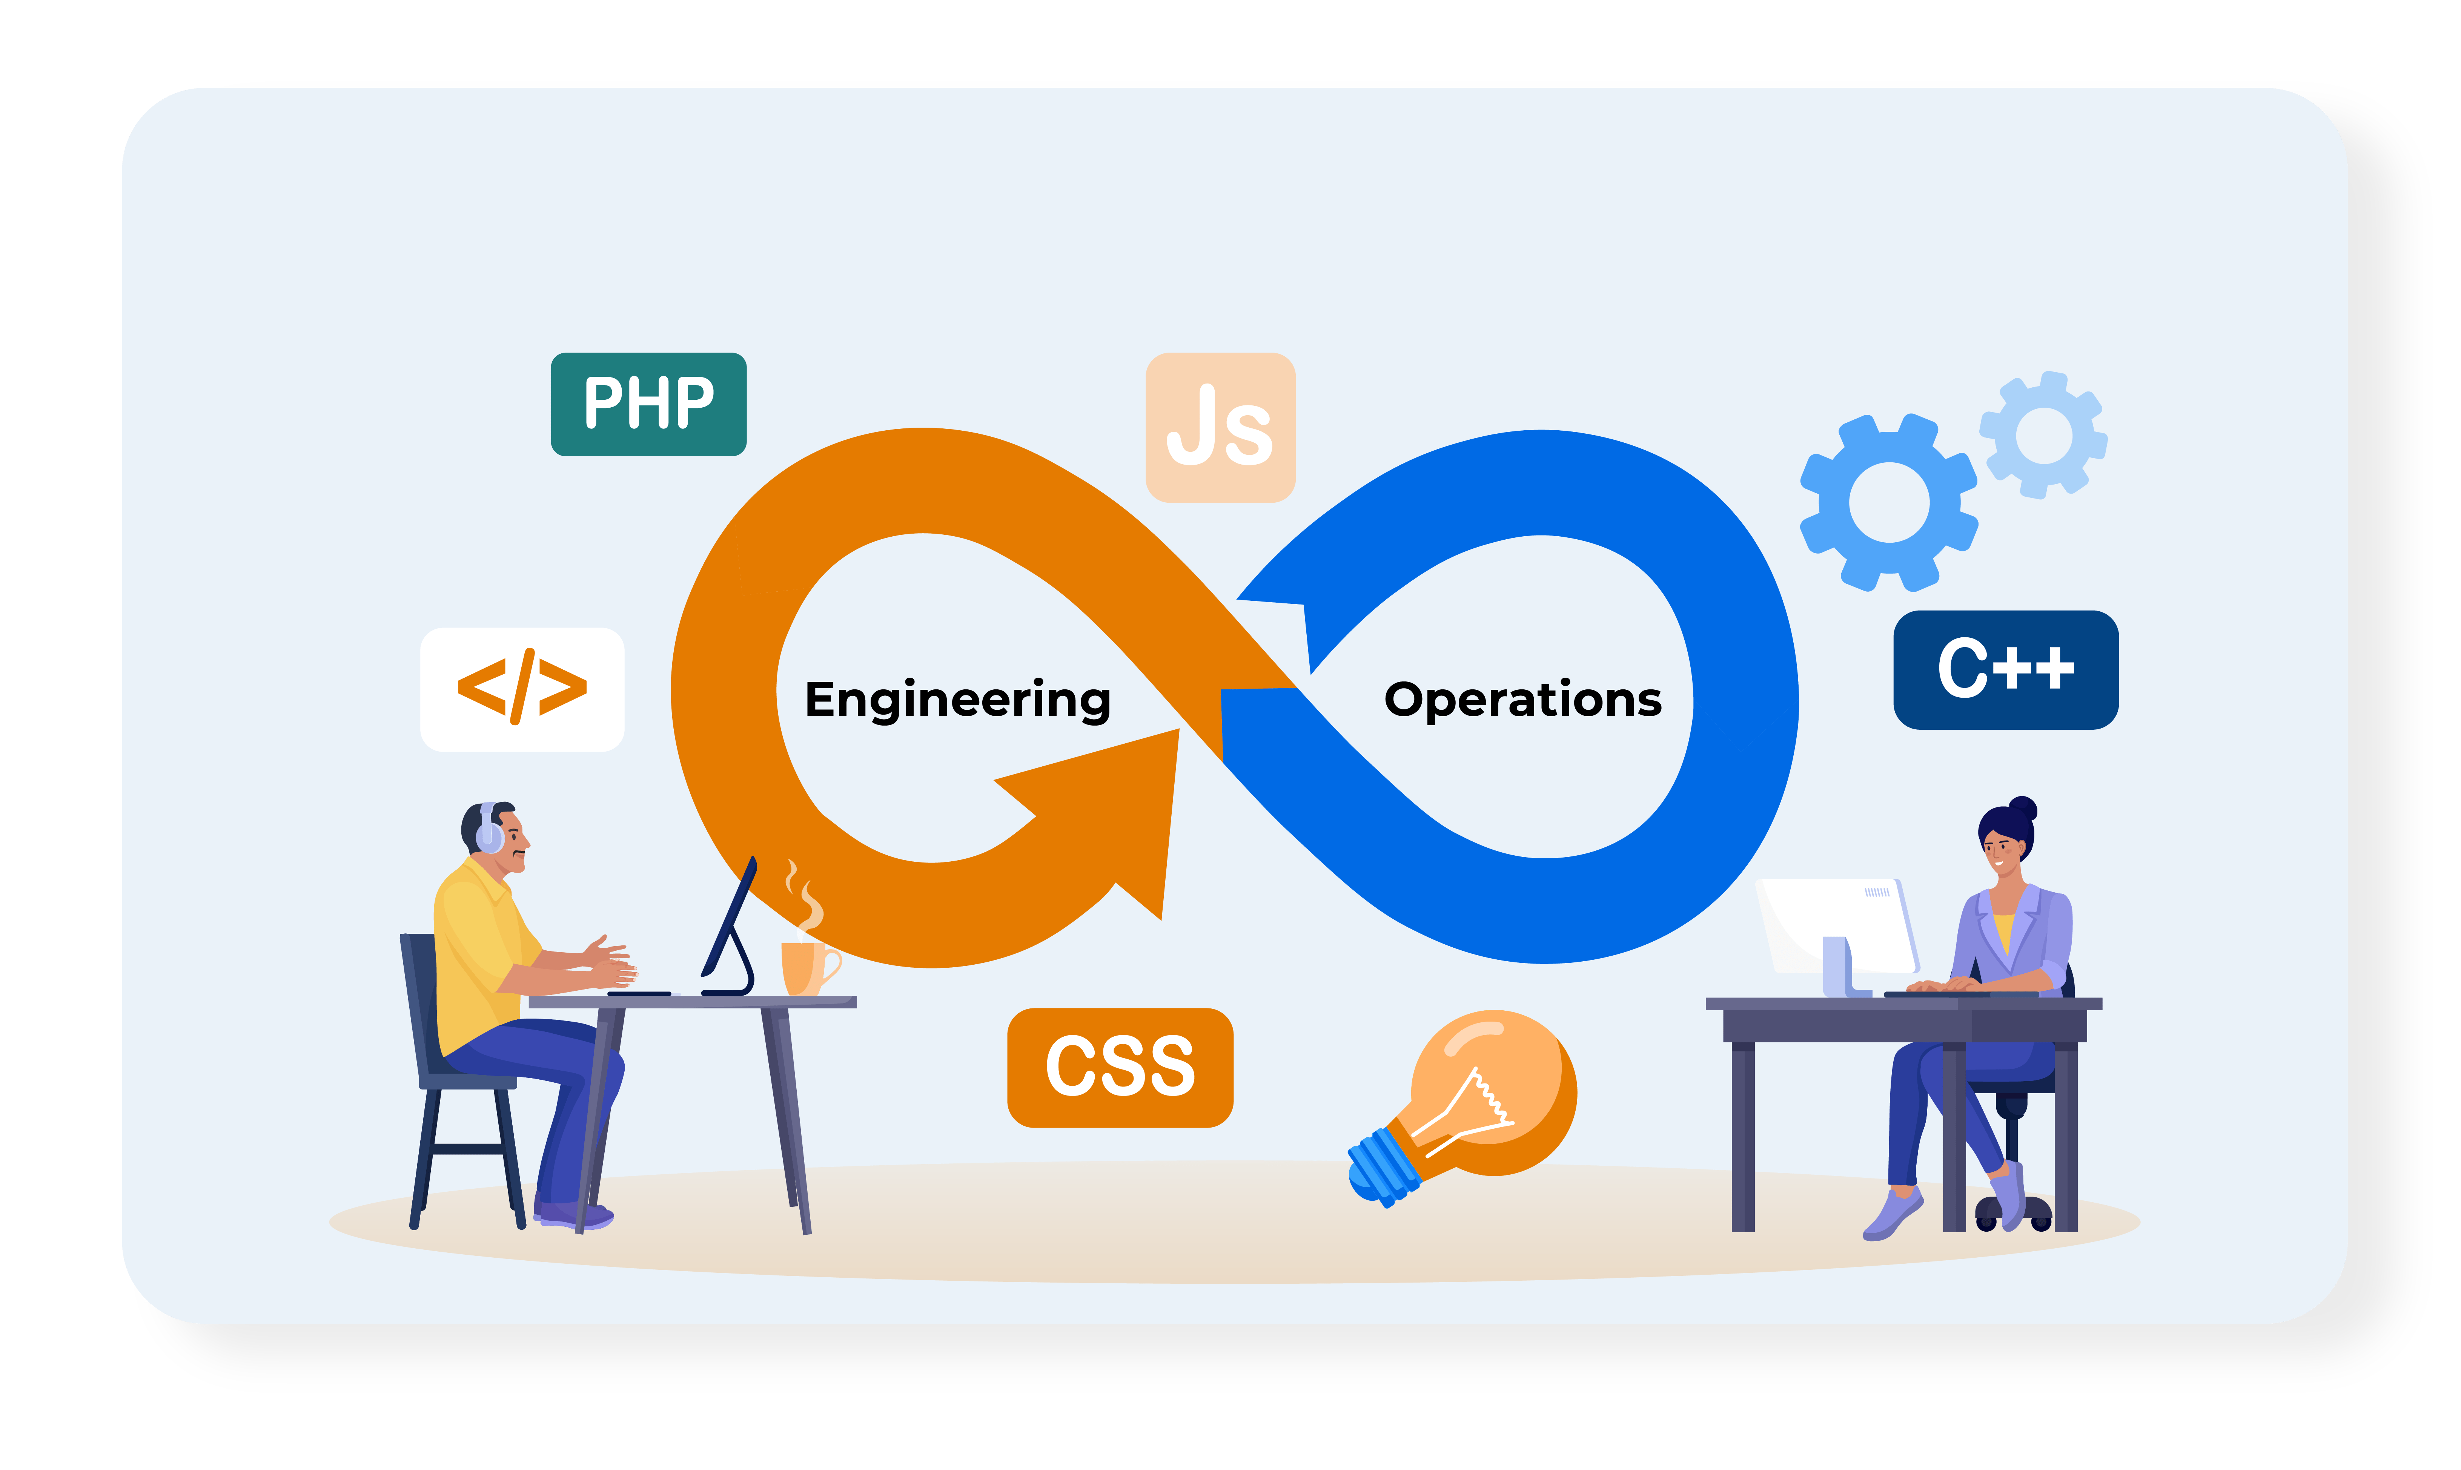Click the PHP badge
pyautogui.click(x=648, y=404)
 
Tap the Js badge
pyautogui.click(x=1220, y=427)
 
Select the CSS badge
pyautogui.click(x=1120, y=1067)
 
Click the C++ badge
pyautogui.click(x=2005, y=670)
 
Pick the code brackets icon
pyautogui.click(x=522, y=689)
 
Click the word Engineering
pyautogui.click(x=957, y=699)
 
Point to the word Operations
pyautogui.click(x=1523, y=699)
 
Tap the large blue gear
pyautogui.click(x=1888, y=502)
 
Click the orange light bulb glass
pyautogui.click(x=1496, y=1089)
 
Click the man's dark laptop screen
pyautogui.click(x=730, y=921)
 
